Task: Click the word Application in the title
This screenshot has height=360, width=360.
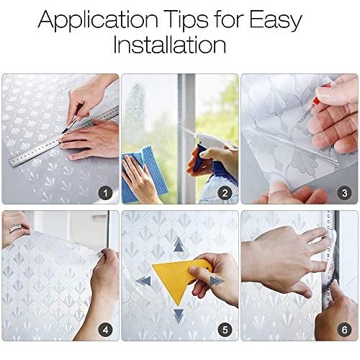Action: (98, 20)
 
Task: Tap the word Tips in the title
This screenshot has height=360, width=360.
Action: (186, 20)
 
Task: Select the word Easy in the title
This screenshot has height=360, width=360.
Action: (275, 21)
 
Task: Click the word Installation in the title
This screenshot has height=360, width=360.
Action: (170, 45)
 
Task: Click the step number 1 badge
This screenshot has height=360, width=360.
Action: (105, 193)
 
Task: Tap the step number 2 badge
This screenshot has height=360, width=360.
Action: (225, 193)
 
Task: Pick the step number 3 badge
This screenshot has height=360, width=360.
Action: (344, 193)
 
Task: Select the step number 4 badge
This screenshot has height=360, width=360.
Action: (105, 330)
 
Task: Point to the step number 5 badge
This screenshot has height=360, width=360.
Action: (225, 330)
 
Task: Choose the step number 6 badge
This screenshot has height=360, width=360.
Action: (344, 330)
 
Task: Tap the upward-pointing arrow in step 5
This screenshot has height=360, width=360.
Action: (178, 244)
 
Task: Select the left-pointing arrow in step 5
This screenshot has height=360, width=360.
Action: (143, 281)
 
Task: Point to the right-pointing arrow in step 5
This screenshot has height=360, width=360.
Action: (217, 281)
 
